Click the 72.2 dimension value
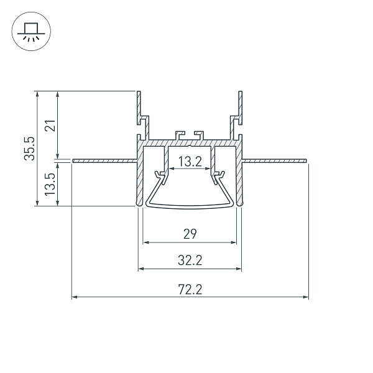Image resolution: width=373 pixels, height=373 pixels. tap(190, 290)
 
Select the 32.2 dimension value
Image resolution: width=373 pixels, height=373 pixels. tap(190, 260)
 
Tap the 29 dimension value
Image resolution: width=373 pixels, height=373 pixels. tap(190, 234)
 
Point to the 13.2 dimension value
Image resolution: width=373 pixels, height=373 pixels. tap(190, 162)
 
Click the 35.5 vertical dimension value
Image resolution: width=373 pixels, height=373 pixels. tap(30, 149)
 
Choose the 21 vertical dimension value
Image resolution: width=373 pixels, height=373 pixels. tap(50, 126)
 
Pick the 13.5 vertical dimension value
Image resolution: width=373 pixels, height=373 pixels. tap(50, 185)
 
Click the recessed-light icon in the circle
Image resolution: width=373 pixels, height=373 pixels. tap(31, 32)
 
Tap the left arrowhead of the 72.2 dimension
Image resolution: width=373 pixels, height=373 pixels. tap(75, 297)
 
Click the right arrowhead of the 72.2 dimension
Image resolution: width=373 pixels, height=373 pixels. tap(306, 297)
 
